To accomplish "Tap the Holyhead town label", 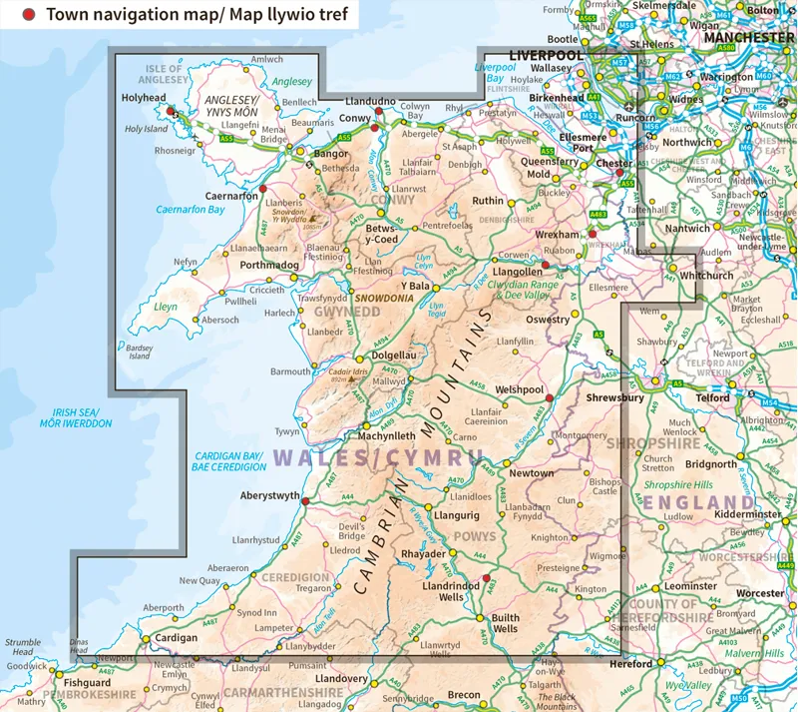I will pos(143,98).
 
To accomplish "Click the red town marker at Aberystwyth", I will pos(305,502).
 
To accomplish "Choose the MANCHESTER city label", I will pos(747,37).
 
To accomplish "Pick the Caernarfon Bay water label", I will pos(191,210).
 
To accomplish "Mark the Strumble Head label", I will pos(22,648).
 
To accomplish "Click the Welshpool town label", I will pos(519,389).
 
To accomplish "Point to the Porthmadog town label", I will pos(262,265).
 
